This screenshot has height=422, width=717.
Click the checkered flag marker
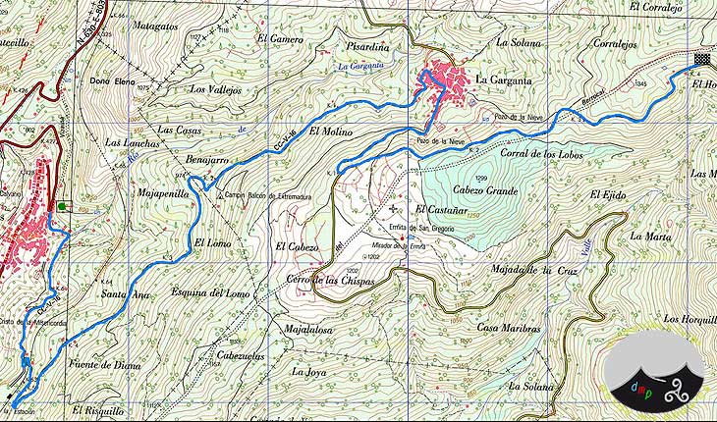coord(701,59)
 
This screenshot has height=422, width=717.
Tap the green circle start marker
coord(64,207)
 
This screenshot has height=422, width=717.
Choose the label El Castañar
coord(446,210)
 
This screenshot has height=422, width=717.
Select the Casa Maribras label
coord(511,327)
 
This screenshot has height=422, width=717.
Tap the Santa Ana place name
coord(126,293)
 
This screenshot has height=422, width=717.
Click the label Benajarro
coord(206,158)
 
